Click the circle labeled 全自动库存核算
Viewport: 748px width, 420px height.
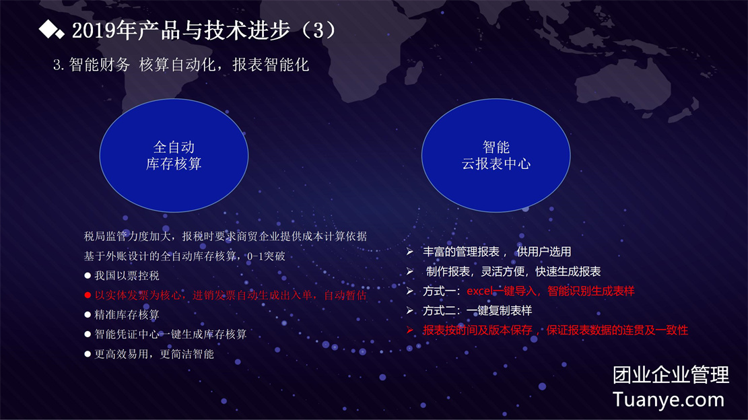[174, 155]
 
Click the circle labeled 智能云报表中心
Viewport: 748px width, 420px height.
[496, 155]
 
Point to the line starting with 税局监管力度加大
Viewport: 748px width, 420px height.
[225, 236]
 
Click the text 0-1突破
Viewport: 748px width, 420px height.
[266, 256]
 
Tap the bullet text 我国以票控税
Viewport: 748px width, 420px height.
[127, 276]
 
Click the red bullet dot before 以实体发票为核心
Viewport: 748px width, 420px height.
[88, 295]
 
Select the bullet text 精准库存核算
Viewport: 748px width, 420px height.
[127, 315]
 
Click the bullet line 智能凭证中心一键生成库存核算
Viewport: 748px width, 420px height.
[170, 335]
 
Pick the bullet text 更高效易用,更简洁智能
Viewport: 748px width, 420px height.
[154, 354]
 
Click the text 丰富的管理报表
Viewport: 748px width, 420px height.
[461, 252]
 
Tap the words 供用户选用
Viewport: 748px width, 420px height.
[544, 252]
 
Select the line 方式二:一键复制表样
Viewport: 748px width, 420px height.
[477, 311]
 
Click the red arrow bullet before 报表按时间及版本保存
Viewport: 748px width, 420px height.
[410, 330]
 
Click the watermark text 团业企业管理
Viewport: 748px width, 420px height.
[671, 375]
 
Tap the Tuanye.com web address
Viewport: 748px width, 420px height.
[669, 400]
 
